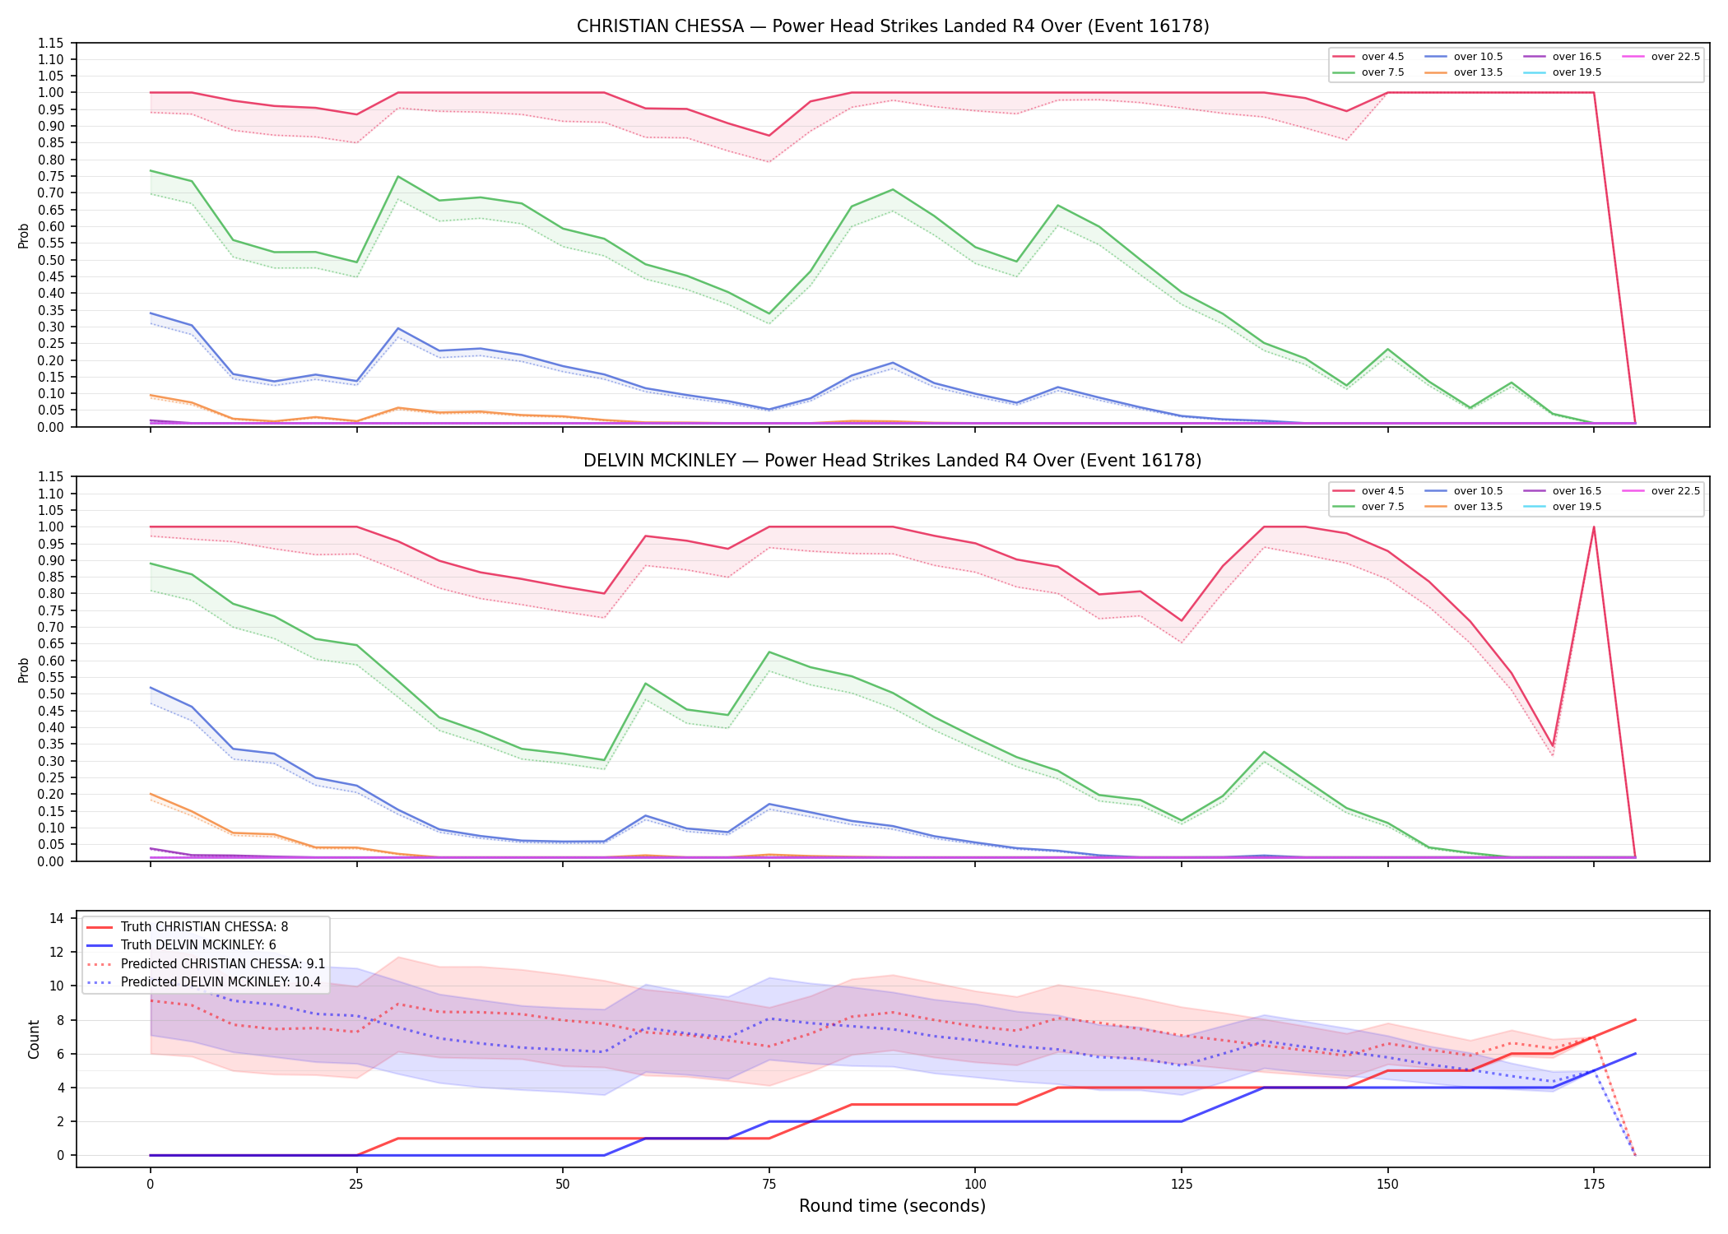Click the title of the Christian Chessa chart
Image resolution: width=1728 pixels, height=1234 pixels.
[893, 26]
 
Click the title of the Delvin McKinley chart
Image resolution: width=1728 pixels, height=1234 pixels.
[893, 461]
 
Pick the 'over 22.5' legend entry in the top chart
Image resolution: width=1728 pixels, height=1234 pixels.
[1661, 57]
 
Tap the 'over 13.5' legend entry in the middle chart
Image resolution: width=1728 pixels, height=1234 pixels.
[1464, 507]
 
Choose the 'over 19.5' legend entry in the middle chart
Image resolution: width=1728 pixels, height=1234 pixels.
[1563, 507]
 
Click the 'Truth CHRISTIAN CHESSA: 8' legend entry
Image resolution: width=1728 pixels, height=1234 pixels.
[187, 927]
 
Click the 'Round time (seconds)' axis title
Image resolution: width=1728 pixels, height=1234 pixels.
[892, 1206]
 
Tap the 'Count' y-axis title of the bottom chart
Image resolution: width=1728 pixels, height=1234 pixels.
[34, 1039]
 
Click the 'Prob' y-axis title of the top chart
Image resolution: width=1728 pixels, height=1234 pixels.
[24, 235]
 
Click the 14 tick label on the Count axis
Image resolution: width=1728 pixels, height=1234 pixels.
[58, 918]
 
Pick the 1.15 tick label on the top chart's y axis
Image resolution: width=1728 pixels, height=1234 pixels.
[51, 43]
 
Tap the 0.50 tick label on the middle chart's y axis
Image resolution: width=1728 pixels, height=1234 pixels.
[51, 694]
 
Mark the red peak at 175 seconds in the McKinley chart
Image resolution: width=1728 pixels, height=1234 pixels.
[1594, 527]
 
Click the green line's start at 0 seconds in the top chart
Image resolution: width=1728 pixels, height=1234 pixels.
[150, 170]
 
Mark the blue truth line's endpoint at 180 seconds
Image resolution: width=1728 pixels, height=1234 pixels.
[1635, 1054]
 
